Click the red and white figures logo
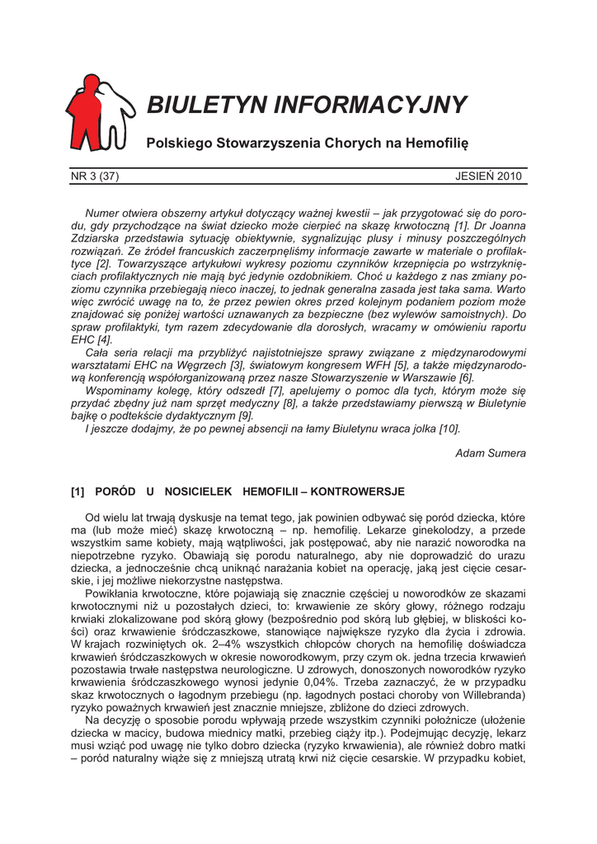tap(97, 113)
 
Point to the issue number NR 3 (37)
tap(99, 176)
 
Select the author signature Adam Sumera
tap(491, 452)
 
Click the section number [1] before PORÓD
tap(78, 492)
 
